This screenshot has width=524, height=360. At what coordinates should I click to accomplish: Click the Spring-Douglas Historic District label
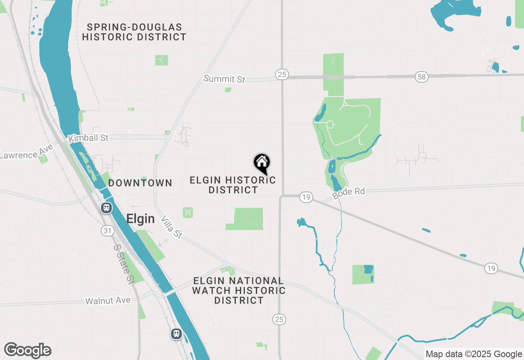[x=134, y=32]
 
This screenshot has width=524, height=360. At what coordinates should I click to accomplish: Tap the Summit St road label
[x=224, y=79]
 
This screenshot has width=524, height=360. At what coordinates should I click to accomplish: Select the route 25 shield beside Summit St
[x=282, y=74]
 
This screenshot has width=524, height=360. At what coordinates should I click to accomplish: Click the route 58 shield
[x=421, y=76]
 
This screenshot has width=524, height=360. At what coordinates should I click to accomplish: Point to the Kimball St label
[x=88, y=138]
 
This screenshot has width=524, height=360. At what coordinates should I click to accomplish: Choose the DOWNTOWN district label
[x=140, y=183]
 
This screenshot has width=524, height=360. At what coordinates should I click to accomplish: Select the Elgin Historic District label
[x=233, y=185]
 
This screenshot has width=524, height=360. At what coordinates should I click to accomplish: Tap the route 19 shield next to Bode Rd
[x=306, y=197]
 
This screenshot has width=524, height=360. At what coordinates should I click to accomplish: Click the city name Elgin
[x=140, y=219]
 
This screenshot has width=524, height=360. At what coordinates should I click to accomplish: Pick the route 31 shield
[x=107, y=231]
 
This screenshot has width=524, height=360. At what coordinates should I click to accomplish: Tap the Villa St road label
[x=172, y=227]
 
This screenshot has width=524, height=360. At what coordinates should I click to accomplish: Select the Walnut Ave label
[x=108, y=301]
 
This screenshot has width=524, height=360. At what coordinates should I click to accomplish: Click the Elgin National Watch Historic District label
[x=239, y=290]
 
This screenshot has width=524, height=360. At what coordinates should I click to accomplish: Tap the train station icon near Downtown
[x=106, y=208]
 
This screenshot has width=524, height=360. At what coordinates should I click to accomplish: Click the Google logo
[x=28, y=350]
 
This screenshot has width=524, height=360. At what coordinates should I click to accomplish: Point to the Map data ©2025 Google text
[x=473, y=354]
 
